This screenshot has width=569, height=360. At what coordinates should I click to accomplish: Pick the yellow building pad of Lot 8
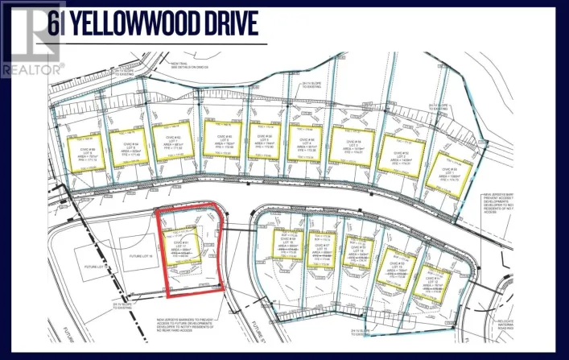tap(127, 145)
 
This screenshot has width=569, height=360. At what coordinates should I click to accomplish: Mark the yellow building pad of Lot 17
tap(180, 244)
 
